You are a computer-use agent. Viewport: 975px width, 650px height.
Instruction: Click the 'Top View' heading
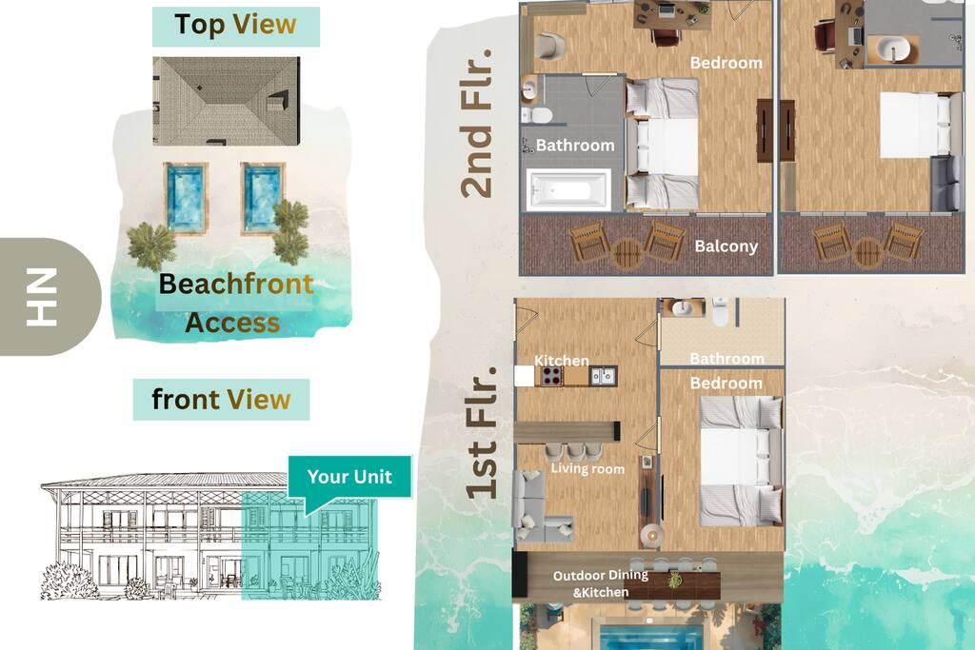236,26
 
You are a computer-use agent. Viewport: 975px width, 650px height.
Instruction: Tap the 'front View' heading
221,400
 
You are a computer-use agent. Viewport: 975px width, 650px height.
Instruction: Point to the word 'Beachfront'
236,284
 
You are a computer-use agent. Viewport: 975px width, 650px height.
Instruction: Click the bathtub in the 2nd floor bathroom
567,190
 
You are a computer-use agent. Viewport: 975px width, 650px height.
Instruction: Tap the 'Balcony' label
726,246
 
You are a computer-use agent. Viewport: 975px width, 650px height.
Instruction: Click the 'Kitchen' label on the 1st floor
562,361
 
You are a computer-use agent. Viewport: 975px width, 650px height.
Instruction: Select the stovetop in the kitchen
551,376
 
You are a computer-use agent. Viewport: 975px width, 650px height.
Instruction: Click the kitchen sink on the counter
603,376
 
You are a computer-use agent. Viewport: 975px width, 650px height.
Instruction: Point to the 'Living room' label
587,468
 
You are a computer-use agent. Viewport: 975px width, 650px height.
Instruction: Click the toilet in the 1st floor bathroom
720,311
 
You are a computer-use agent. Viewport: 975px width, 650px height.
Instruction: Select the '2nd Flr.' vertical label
477,123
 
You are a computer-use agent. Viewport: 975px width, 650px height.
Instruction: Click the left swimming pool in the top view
186,199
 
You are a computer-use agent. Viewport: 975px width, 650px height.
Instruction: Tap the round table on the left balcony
627,253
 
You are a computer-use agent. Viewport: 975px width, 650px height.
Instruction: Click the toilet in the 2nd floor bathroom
537,115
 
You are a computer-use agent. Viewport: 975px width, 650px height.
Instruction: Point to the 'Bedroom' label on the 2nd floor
726,63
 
